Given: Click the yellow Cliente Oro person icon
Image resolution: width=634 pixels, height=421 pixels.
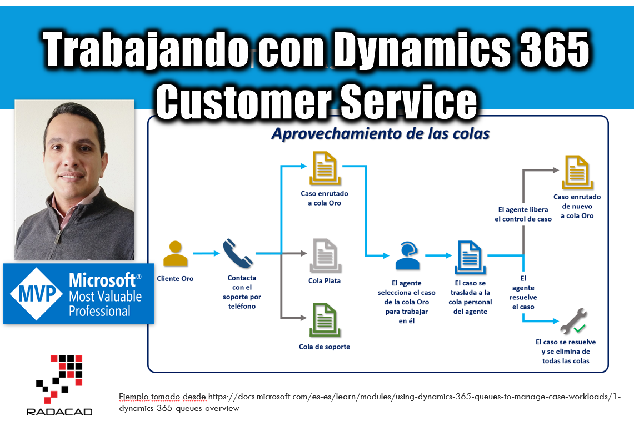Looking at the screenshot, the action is pyautogui.click(x=176, y=253).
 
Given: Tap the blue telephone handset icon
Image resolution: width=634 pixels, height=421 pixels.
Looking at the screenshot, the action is pyautogui.click(x=238, y=253).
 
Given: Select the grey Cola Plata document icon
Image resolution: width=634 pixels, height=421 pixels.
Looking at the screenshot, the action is pyautogui.click(x=325, y=255).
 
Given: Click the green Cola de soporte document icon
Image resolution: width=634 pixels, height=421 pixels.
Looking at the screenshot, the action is pyautogui.click(x=325, y=320).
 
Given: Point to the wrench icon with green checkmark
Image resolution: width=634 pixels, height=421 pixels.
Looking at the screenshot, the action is pyautogui.click(x=573, y=321).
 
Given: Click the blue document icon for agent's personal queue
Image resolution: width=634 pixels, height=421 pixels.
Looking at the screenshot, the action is pyautogui.click(x=470, y=257).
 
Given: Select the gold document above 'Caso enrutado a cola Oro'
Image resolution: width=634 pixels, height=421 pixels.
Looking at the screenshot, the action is pyautogui.click(x=325, y=168).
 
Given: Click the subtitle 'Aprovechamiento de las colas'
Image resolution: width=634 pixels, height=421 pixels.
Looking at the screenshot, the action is pyautogui.click(x=381, y=133).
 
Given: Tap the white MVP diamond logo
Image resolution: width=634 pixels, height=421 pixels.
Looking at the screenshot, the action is pyautogui.click(x=37, y=294).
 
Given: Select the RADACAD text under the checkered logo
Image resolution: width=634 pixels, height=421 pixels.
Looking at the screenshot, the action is pyautogui.click(x=59, y=412).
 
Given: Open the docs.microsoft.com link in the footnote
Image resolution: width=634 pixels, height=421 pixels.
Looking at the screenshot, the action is pyautogui.click(x=370, y=403).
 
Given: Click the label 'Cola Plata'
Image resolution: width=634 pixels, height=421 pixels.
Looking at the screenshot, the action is pyautogui.click(x=325, y=280).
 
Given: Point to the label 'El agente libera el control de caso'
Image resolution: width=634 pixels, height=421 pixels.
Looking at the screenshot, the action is pyautogui.click(x=523, y=214).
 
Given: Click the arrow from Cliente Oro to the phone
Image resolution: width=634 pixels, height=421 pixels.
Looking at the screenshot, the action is pyautogui.click(x=206, y=253).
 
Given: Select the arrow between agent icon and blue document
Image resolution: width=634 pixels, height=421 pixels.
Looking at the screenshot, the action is pyautogui.click(x=438, y=255).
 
